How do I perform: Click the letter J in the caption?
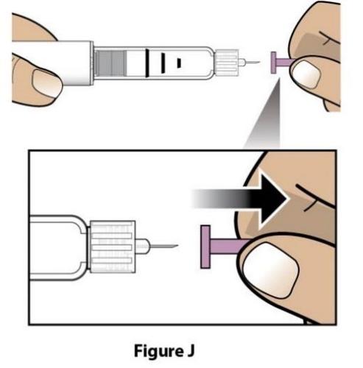pos(190,350)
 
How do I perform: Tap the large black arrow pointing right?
pos(239,199)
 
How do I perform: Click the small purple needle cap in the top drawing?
pos(282,63)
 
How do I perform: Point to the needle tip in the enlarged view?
pos(177,245)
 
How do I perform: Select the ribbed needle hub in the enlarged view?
pos(113,247)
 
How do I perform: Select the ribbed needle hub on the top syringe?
pos(227,63)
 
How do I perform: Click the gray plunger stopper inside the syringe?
pos(111,63)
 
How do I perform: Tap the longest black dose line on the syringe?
pos(147,63)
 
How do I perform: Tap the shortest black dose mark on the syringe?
pos(179,63)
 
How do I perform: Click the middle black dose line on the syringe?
pos(163,63)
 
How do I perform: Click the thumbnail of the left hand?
pos(47,83)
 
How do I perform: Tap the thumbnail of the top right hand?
pos(306,74)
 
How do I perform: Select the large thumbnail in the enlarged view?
pos(270,270)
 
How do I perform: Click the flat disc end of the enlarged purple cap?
pos(205,247)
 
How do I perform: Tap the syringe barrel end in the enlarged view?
pos(59,247)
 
